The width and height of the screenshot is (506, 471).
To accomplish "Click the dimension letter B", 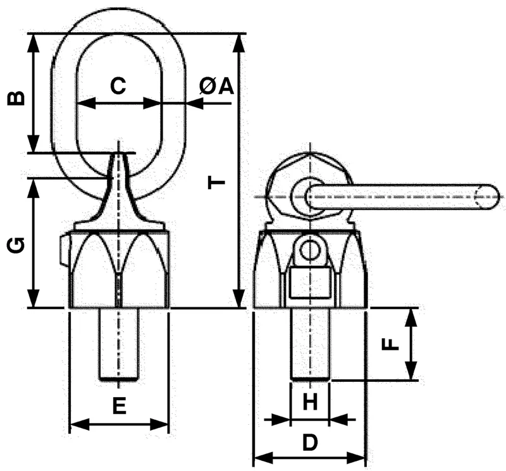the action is tap(15, 99).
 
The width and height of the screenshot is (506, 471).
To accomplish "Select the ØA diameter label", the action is tap(216, 86).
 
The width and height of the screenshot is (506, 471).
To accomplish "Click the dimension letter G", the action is tap(15, 245).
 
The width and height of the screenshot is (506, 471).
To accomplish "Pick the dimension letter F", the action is tap(390, 344).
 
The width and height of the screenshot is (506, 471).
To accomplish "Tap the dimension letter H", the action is tap(310, 402).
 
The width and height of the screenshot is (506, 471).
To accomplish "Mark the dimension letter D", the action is tap(310, 442).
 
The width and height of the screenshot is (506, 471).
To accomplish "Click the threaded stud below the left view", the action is tap(119, 343).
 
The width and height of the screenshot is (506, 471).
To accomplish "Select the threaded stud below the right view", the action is tap(310, 343).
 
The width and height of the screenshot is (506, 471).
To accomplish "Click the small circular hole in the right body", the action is tap(310, 250).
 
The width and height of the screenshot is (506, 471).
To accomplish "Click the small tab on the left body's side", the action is tap(65, 250).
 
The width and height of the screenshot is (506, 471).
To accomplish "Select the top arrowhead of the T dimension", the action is tap(239, 42).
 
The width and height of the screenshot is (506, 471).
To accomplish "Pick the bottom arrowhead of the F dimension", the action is tap(410, 371).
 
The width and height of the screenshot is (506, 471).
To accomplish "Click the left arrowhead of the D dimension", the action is tap(263, 458).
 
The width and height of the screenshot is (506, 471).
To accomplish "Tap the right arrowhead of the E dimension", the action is tap(159, 424).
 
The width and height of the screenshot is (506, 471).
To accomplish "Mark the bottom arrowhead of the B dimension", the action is tap(34, 144).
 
